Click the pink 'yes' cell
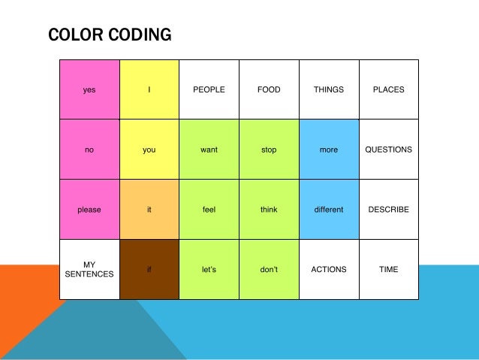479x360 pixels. pos(89,89)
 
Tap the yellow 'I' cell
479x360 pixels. pos(149,89)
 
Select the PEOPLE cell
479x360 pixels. pos(209,89)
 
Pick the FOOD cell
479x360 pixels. pos(269,89)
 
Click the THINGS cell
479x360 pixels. pos(329,89)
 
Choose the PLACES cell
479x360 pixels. pos(389,89)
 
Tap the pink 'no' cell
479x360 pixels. pos(89,150)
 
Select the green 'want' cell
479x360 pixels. pos(209,150)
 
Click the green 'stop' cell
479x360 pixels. pos(269,150)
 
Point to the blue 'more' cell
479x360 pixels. pos(329,150)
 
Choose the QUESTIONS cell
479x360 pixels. pos(389,150)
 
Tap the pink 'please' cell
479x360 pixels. pos(89,210)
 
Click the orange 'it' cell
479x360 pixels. pos(149,210)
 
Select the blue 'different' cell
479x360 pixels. pos(329,210)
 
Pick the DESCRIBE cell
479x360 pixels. pos(389,210)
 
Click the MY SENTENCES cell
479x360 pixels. pos(89,269)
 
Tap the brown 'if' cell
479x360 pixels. pos(149,269)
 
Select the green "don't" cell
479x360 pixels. pos(269,269)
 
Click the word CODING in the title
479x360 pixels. pos(138,35)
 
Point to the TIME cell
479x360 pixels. pos(389,269)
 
